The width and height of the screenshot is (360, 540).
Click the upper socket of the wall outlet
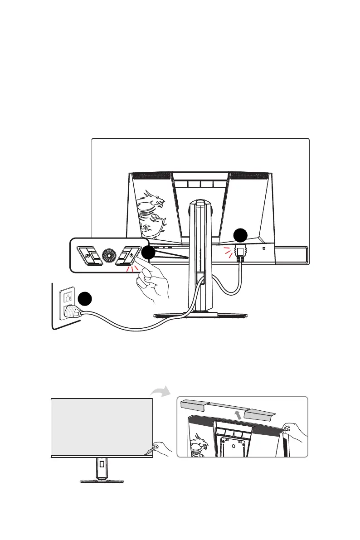tap(67, 297)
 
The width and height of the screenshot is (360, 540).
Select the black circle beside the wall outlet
tap(83, 299)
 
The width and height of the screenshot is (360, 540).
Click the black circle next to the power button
tap(148, 253)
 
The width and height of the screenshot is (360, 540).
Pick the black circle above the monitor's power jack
tap(240, 235)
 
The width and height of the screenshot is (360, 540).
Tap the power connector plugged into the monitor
tap(239, 253)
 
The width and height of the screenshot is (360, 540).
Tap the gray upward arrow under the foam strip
tap(238, 415)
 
